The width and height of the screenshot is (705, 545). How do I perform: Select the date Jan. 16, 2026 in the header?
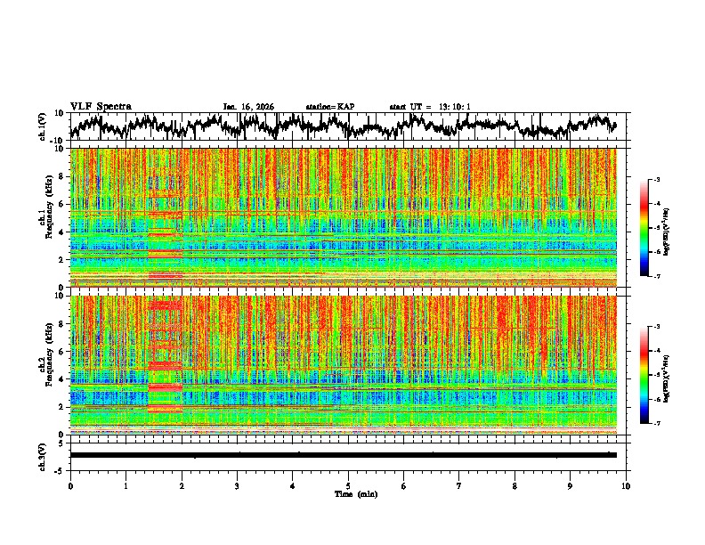tap(248, 107)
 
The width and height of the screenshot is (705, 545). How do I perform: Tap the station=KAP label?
tap(329, 107)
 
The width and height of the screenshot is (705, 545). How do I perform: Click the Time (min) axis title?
tap(355, 493)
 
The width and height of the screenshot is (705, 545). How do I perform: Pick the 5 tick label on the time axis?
tap(348, 485)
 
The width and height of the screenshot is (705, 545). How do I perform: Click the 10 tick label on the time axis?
tap(626, 485)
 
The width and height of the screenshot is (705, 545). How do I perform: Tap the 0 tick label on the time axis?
tap(70, 485)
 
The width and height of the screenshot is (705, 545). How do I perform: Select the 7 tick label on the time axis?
tap(459, 485)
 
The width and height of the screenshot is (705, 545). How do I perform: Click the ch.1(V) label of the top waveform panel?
tap(43, 126)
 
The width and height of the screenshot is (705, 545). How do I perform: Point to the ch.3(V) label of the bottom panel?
tap(43, 455)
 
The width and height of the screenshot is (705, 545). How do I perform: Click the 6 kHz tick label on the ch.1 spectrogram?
tap(61, 204)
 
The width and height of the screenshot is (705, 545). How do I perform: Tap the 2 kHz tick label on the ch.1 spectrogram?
tap(61, 260)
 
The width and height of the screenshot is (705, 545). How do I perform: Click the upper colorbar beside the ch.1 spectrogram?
tap(644, 228)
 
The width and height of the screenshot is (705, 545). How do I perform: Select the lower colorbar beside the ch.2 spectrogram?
tap(644, 375)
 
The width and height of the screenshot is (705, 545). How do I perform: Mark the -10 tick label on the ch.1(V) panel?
tap(57, 140)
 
